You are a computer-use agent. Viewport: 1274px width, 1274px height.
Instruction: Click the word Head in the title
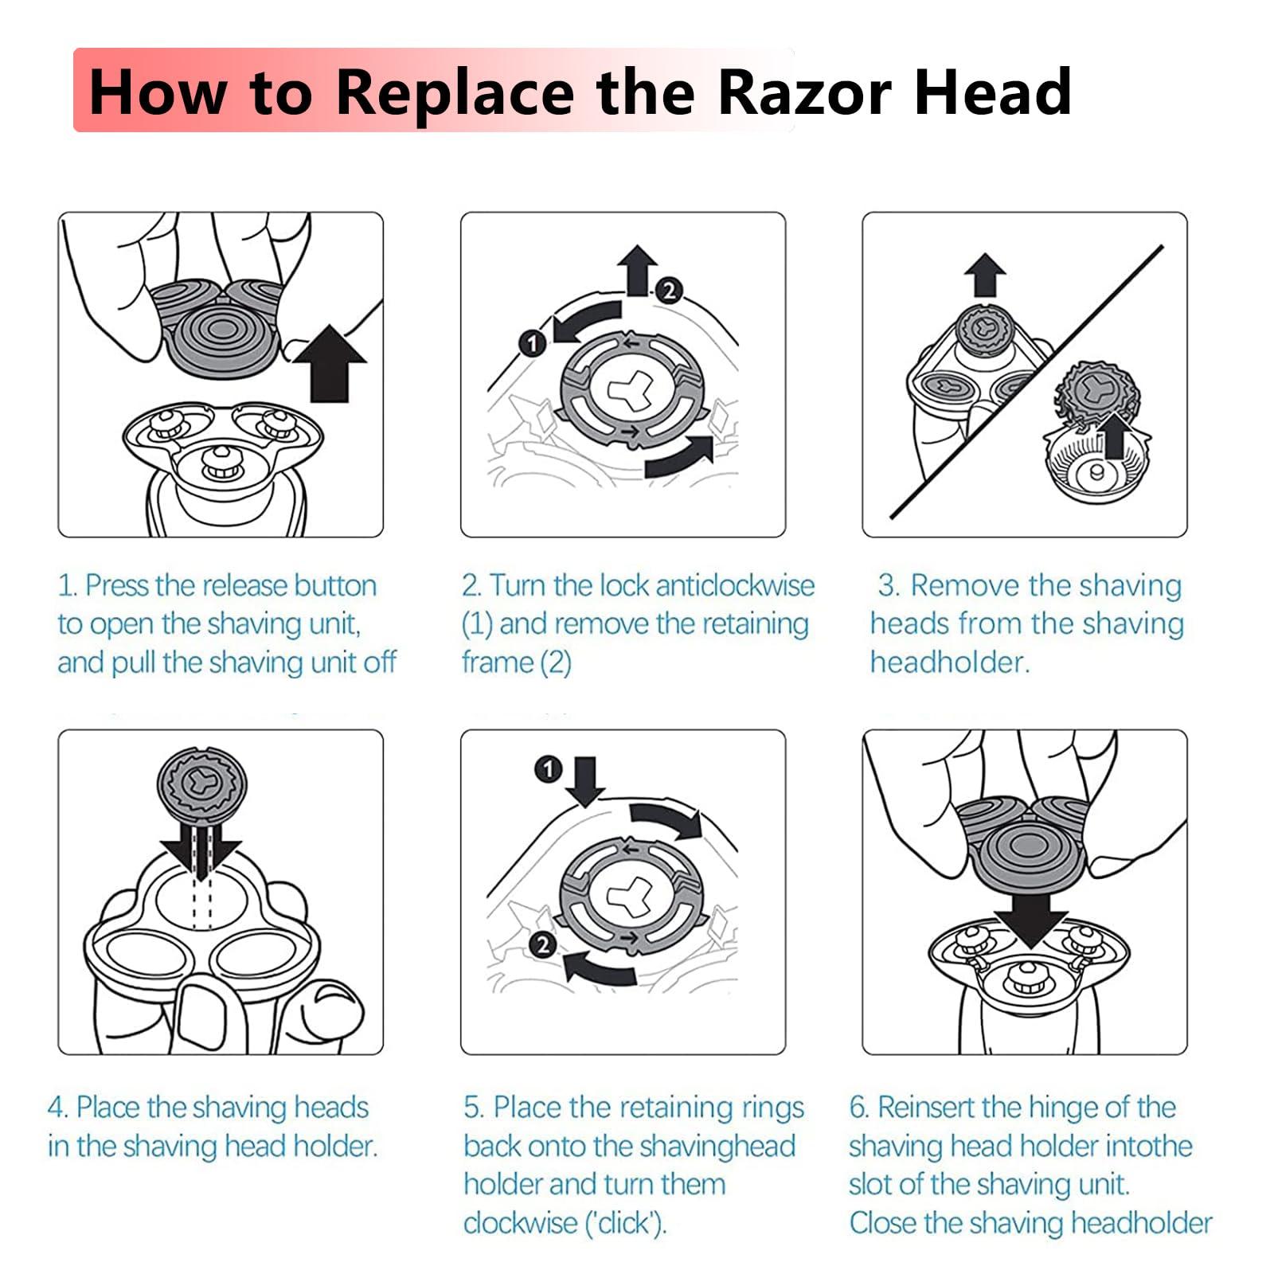pos(992,92)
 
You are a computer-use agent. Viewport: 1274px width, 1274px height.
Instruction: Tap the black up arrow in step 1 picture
pos(330,362)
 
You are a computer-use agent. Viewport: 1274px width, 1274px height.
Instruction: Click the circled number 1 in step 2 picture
pos(532,344)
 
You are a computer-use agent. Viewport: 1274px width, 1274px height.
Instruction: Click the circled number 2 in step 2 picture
pos(669,291)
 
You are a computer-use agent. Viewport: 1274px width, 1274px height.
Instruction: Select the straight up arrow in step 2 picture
pos(638,269)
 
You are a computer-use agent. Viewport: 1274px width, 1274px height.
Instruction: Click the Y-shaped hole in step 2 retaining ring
pos(631,390)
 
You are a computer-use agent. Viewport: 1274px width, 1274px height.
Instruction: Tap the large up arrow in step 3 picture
pos(985,276)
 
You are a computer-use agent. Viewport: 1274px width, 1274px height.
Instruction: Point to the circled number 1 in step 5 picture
pos(548,769)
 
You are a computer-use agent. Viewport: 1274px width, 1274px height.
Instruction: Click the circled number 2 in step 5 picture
pos(543,945)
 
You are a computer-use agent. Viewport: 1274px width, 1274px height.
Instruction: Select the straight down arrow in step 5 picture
pos(587,781)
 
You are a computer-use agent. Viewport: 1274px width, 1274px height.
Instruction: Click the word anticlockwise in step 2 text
pos(737,586)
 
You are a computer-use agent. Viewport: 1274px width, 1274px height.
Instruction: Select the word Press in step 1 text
pos(117,586)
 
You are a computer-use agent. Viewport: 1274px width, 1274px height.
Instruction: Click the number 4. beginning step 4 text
pos(58,1108)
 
